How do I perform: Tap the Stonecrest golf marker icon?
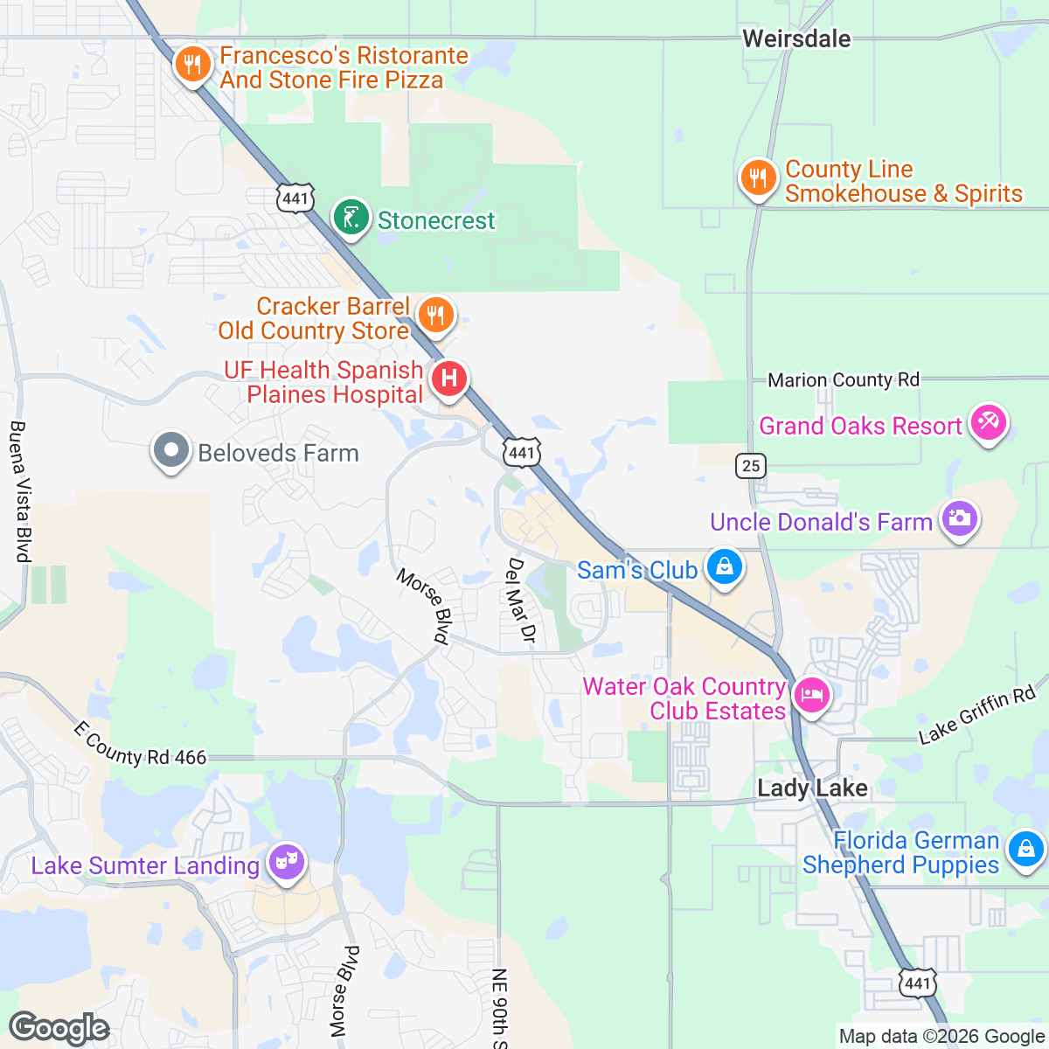pos(351,218)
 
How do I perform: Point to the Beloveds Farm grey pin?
pos(171,451)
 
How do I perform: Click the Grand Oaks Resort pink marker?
pos(989,424)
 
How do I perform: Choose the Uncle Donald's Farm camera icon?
pos(959,519)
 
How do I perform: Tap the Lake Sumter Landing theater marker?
pos(287,863)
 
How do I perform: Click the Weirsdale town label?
pos(796,38)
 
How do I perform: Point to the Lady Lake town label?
pos(812,788)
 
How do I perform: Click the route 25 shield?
pos(751,465)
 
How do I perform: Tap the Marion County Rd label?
pos(844,380)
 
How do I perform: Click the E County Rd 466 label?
pos(140,746)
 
